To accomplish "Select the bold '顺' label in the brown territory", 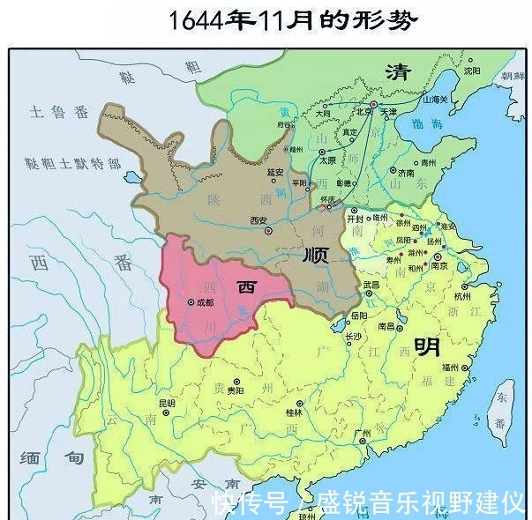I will [x=315, y=255].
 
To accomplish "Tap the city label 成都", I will [x=206, y=301].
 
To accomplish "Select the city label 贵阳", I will [x=234, y=389].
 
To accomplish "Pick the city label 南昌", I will [x=386, y=325].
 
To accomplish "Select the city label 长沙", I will [x=353, y=336].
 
